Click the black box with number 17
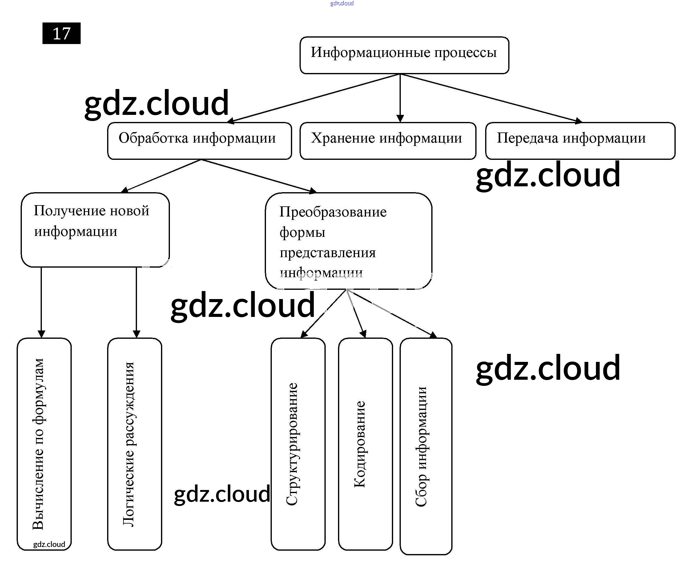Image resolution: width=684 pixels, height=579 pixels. pyautogui.click(x=61, y=33)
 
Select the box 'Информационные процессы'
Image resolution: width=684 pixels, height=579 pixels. pyautogui.click(x=404, y=55)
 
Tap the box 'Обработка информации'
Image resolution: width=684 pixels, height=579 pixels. pyautogui.click(x=199, y=141)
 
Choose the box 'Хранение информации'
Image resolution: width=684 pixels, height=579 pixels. pyautogui.click(x=388, y=141)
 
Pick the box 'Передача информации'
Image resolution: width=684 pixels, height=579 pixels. pyautogui.click(x=580, y=141)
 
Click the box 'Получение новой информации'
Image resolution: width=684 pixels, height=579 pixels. pyautogui.click(x=95, y=230)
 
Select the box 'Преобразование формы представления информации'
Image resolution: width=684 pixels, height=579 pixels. pyautogui.click(x=348, y=241)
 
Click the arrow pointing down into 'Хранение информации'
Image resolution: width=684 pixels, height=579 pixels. pyautogui.click(x=400, y=99)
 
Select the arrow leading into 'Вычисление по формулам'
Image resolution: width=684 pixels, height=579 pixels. pyautogui.click(x=41, y=302)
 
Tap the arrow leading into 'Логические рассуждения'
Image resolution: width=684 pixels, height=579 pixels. pyautogui.click(x=136, y=302)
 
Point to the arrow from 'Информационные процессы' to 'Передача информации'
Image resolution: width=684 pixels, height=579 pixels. pyautogui.click(x=492, y=98)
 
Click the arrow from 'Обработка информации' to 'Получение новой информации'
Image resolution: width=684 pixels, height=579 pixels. pyautogui.click(x=163, y=175)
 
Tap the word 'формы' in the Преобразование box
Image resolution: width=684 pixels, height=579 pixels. pyautogui.click(x=302, y=233)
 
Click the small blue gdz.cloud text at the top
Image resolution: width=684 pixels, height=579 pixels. pyautogui.click(x=342, y=4)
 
